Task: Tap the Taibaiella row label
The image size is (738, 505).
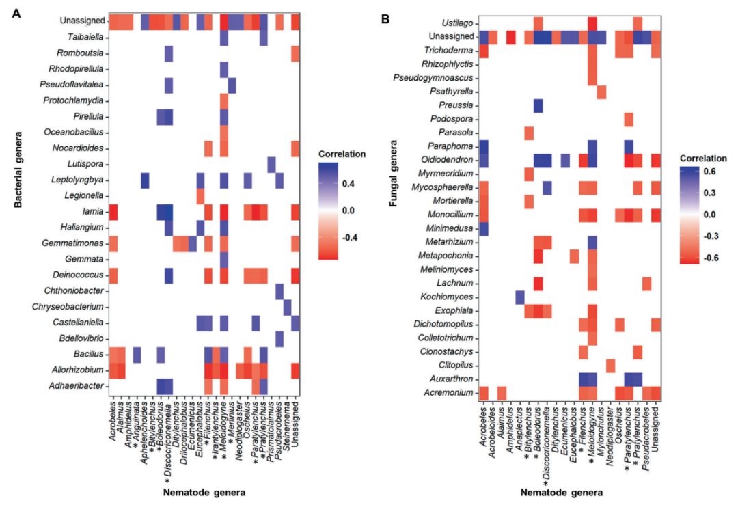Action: point(87,37)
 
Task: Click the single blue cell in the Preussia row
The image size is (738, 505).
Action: point(538,105)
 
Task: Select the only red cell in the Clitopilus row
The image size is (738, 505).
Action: point(610,365)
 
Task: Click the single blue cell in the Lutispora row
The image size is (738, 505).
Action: point(271,164)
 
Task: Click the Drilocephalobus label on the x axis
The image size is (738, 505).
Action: point(184,431)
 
